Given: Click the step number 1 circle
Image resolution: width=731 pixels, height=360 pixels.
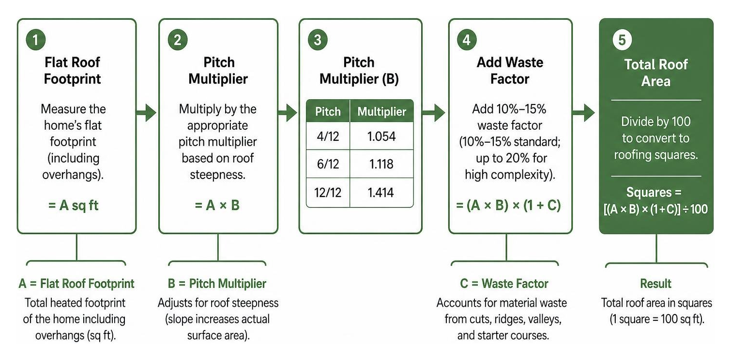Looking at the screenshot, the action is [x=35, y=40].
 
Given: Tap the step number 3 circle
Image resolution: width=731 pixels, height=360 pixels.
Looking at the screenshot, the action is [x=318, y=40].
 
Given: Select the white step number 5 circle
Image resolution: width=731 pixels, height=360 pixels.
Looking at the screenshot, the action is [x=622, y=40].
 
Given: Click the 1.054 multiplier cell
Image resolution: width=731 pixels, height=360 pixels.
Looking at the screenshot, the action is [x=381, y=136].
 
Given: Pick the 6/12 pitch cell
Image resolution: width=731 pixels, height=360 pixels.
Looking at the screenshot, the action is [x=328, y=164].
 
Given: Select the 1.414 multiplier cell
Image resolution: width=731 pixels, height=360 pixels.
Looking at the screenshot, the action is [x=381, y=193].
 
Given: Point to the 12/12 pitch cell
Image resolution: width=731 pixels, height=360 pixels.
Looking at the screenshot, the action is [x=328, y=193].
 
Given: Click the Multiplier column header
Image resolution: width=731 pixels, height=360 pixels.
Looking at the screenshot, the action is [x=381, y=111].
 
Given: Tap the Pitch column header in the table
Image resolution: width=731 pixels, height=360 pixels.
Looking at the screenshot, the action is [x=328, y=111].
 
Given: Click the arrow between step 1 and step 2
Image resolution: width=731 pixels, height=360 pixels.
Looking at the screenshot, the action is [x=146, y=113].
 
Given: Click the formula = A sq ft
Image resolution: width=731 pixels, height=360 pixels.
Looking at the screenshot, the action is [x=73, y=206].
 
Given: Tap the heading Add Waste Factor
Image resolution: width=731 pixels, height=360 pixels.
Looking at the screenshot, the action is [x=510, y=71].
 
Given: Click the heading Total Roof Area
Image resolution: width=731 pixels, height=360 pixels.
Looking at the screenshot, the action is [x=656, y=73].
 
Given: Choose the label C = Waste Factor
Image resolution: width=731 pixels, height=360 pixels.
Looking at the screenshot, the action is [x=504, y=284].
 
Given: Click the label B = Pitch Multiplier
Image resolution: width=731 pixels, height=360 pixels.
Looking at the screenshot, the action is [x=217, y=284].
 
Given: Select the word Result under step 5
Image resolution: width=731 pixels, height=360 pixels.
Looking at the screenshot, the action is [x=655, y=284].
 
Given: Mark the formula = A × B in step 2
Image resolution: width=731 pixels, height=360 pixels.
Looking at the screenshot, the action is [x=217, y=206].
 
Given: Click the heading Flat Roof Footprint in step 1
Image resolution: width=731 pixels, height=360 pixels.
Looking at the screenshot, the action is [x=73, y=71].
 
